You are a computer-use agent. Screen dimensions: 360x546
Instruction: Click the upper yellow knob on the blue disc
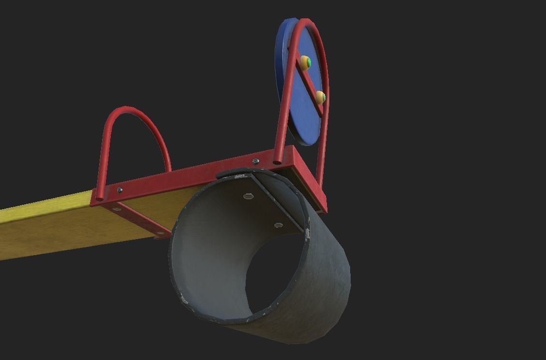(x=305, y=62)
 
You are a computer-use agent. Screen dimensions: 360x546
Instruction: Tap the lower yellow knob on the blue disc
(x=320, y=97)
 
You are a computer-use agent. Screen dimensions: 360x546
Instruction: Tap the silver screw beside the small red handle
(x=119, y=190)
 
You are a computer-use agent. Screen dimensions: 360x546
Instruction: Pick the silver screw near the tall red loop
(x=256, y=161)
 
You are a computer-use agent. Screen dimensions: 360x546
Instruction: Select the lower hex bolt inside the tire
(x=278, y=225)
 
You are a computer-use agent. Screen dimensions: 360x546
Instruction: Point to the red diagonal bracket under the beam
(x=143, y=219)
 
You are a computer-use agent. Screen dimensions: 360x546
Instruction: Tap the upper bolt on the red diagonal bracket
(x=117, y=209)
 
